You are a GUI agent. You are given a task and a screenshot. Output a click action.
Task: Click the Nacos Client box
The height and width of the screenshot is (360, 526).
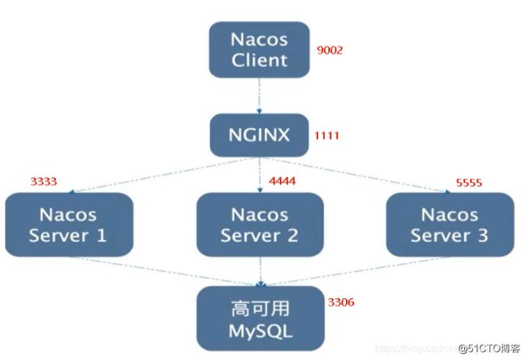point(259,49)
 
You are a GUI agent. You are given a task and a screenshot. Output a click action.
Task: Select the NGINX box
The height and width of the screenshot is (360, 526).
point(259,134)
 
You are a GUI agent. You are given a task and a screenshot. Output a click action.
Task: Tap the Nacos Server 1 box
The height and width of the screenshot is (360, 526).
point(67,224)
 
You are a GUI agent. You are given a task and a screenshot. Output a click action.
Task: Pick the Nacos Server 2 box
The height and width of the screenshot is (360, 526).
point(259,224)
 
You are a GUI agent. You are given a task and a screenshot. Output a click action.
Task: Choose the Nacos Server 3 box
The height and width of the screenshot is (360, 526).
point(449,224)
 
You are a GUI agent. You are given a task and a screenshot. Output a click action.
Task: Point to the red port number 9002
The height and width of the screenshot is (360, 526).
point(330,50)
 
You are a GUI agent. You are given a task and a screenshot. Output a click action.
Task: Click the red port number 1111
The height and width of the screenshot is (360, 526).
point(326,136)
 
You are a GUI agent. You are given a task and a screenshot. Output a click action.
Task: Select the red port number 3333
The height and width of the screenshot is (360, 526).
point(43,182)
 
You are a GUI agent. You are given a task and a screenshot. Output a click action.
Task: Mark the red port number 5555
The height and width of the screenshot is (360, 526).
point(469,183)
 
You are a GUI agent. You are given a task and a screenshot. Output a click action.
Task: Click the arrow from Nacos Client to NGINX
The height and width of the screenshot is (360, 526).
point(259,94)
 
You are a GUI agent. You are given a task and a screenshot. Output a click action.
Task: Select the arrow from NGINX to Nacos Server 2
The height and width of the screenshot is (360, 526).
point(259,174)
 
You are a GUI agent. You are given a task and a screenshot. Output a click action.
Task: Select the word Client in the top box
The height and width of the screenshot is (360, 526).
point(259,60)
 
